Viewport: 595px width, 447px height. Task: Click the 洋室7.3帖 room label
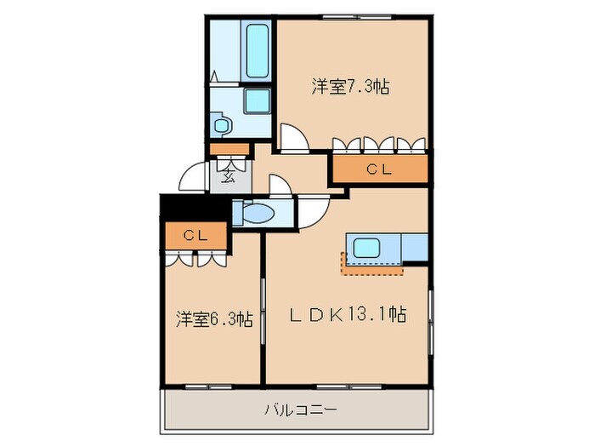point(350,86)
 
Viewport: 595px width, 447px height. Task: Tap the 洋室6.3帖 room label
point(213,319)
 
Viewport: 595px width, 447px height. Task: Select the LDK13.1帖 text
point(349,315)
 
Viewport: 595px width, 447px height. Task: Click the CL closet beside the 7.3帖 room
point(379,169)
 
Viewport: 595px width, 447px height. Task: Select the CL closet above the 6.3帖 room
point(195,235)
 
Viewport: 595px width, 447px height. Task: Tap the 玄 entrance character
point(229,177)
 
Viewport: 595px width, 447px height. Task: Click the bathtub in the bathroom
point(257,50)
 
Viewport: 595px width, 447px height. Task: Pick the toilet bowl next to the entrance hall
point(256,213)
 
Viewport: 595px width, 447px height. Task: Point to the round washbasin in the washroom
point(223,126)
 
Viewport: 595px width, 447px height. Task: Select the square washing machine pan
point(257,101)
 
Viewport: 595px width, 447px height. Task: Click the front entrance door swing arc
point(193,178)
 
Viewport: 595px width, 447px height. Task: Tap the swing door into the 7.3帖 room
point(293,136)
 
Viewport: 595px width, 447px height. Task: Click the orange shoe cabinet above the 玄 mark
point(229,151)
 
